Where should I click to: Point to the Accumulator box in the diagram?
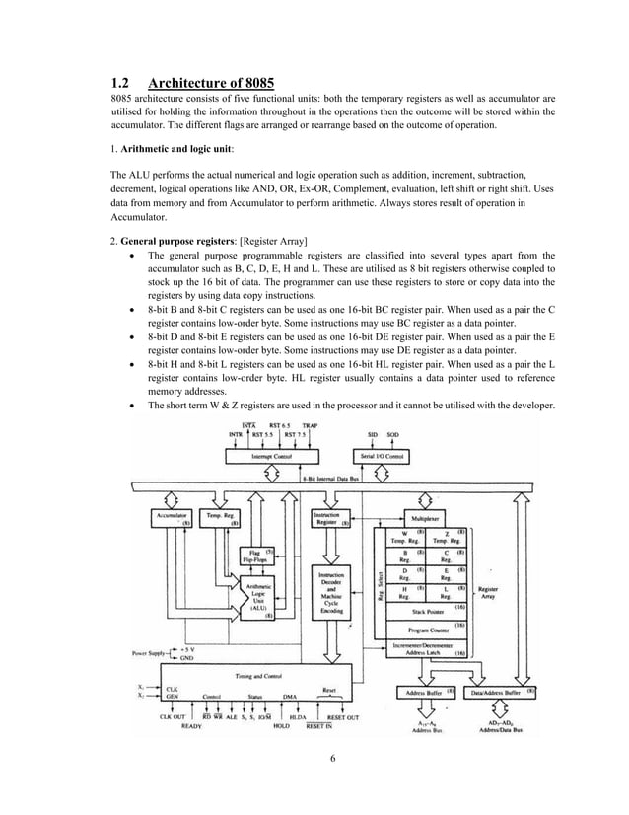click(172, 518)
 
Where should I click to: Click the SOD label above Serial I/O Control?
click(392, 434)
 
